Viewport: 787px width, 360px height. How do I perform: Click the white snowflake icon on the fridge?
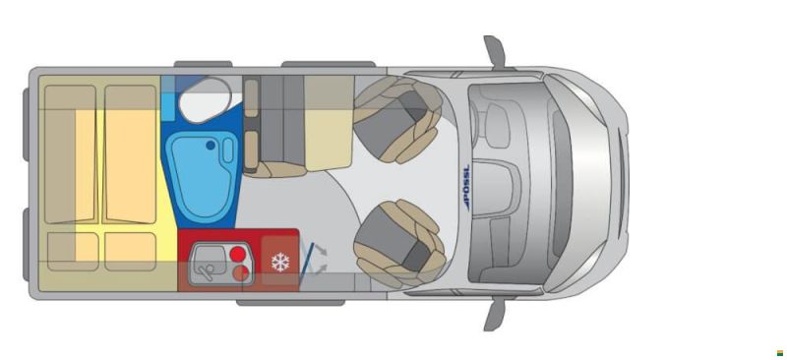280,262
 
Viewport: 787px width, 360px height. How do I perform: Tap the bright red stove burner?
237,254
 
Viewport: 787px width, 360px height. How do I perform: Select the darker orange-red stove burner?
241,273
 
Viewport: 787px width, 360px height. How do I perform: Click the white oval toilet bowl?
205,100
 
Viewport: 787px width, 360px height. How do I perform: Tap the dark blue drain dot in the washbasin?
211,146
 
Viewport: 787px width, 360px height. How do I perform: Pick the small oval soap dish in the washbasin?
228,150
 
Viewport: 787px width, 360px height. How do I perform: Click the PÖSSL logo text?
465,188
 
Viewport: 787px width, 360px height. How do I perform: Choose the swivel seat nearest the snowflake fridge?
399,244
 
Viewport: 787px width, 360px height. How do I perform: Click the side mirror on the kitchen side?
495,313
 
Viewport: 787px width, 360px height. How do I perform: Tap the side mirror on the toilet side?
495,53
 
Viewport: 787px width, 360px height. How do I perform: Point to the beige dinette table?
329,123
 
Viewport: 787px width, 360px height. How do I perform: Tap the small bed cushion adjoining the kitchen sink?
131,252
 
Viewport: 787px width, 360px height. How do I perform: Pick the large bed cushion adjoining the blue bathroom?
131,154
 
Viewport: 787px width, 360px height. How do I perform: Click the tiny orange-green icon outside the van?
780,353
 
